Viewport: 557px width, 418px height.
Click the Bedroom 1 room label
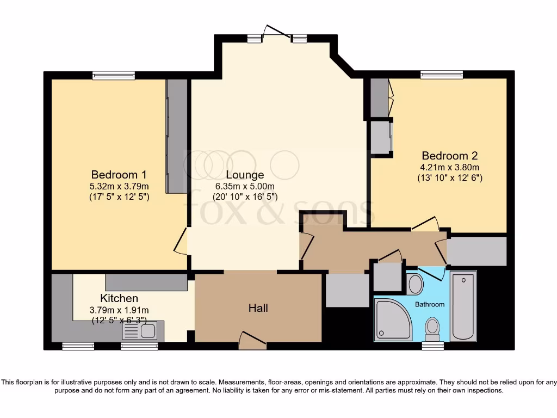tap(119, 175)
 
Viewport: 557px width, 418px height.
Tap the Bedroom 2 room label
tap(449, 156)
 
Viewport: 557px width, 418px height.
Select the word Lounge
tap(245, 175)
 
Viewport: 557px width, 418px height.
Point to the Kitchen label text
tap(119, 298)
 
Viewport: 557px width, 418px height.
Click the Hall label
tap(258, 308)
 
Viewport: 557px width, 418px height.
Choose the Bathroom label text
tap(430, 304)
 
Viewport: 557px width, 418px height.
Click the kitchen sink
tap(140, 330)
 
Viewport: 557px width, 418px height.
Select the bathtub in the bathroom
tap(463, 306)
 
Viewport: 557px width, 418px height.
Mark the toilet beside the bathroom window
tap(432, 328)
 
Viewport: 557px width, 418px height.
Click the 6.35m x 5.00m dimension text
tap(245, 186)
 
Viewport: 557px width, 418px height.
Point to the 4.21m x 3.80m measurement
tap(449, 168)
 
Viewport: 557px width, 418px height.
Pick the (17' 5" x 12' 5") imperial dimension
tap(119, 197)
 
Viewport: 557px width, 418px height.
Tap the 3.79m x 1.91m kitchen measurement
tap(119, 310)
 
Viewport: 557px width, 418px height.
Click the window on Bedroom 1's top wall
tap(113, 76)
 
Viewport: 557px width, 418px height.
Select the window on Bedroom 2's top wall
tap(441, 75)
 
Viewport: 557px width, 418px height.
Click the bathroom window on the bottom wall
tap(432, 346)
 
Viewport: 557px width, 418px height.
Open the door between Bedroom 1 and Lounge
tap(182, 241)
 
